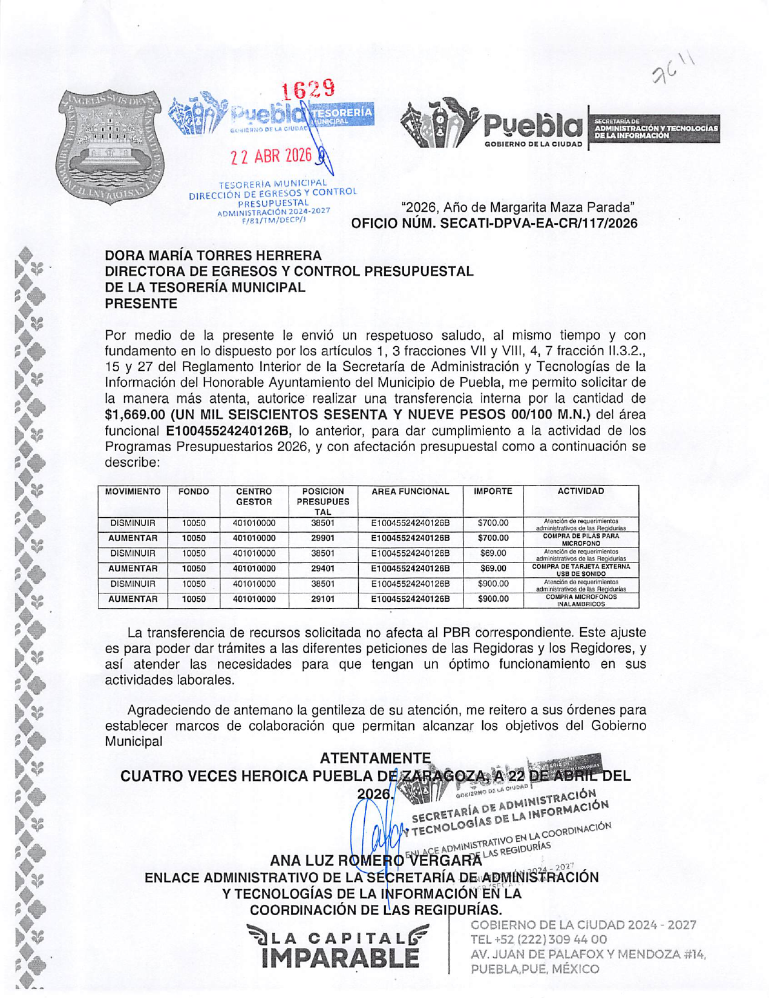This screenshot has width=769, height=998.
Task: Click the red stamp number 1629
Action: pos(309,91)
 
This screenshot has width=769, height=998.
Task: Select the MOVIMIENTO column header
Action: pos(133,492)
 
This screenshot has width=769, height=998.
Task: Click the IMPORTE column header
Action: pos(492,492)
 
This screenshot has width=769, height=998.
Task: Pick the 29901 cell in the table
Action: pos(323,538)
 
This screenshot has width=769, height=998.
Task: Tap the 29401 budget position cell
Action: pos(323,569)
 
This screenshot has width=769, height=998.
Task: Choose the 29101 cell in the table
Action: pos(323,599)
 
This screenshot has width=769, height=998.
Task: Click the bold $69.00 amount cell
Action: pos(492,569)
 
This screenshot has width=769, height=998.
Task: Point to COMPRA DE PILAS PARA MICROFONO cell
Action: pos(581,539)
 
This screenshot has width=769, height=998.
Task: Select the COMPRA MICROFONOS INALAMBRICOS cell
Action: pos(581,599)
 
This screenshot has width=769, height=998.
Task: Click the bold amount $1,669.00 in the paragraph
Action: pos(135,415)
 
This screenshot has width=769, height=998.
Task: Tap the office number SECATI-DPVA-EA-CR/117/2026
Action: pos(538,223)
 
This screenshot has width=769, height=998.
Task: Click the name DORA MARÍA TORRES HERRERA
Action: pos(214,256)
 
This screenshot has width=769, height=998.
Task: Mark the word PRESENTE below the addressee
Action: pos(141,304)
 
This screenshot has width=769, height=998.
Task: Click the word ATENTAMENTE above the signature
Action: pos(375,758)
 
